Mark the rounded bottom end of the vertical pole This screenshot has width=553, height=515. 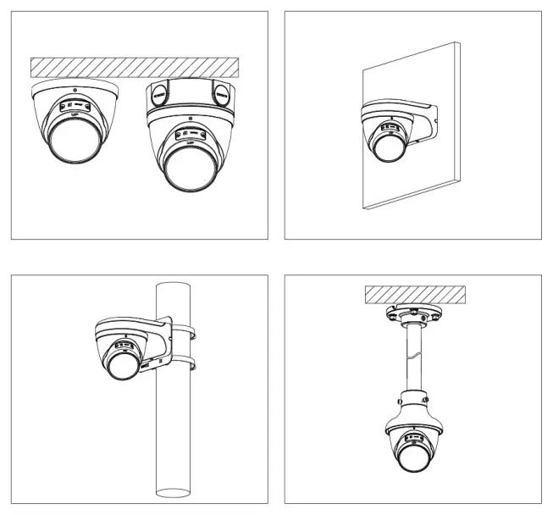[x=172, y=494]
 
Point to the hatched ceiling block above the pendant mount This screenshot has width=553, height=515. [x=416, y=295]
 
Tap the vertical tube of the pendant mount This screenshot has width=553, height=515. [x=416, y=356]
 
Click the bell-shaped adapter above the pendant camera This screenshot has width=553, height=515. [x=416, y=407]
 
